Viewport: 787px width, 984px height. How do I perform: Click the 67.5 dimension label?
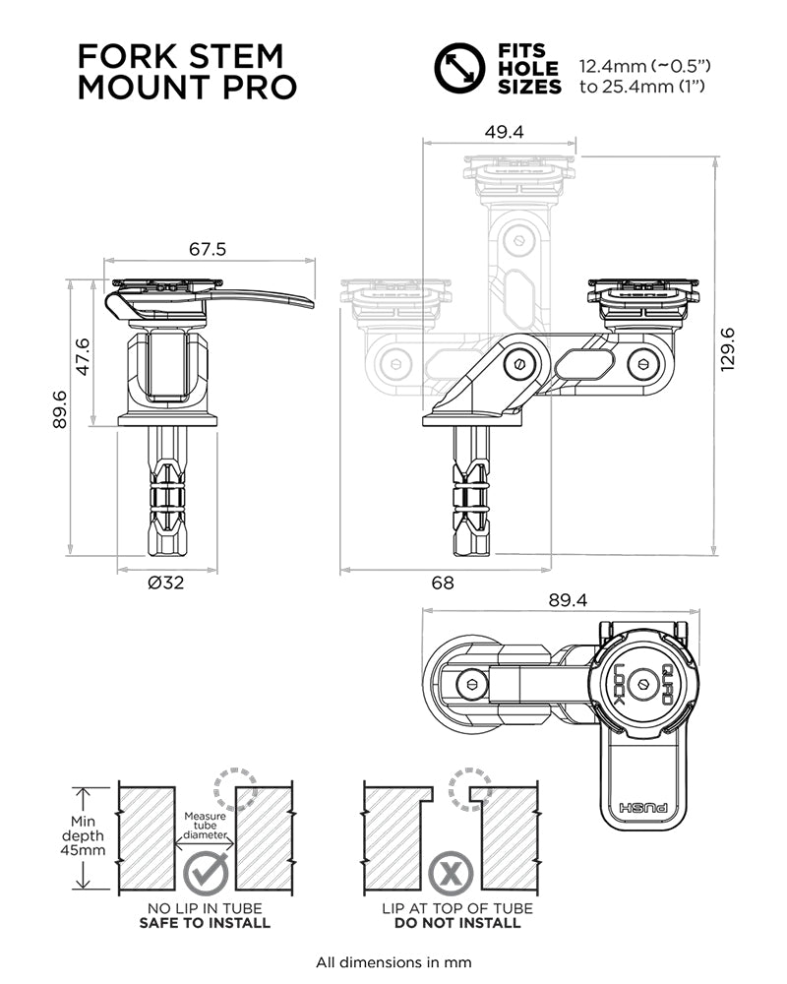[208, 249]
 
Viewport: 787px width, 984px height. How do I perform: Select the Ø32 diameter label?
[167, 583]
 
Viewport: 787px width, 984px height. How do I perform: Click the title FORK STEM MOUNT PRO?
[187, 70]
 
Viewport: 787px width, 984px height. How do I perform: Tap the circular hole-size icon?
[460, 68]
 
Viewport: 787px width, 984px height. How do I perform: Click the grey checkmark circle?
[207, 872]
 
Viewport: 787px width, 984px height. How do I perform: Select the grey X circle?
[452, 872]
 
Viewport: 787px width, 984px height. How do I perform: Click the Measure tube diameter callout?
[207, 827]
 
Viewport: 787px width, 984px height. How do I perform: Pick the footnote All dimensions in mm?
[393, 961]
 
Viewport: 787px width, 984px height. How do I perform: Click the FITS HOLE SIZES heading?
[528, 69]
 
